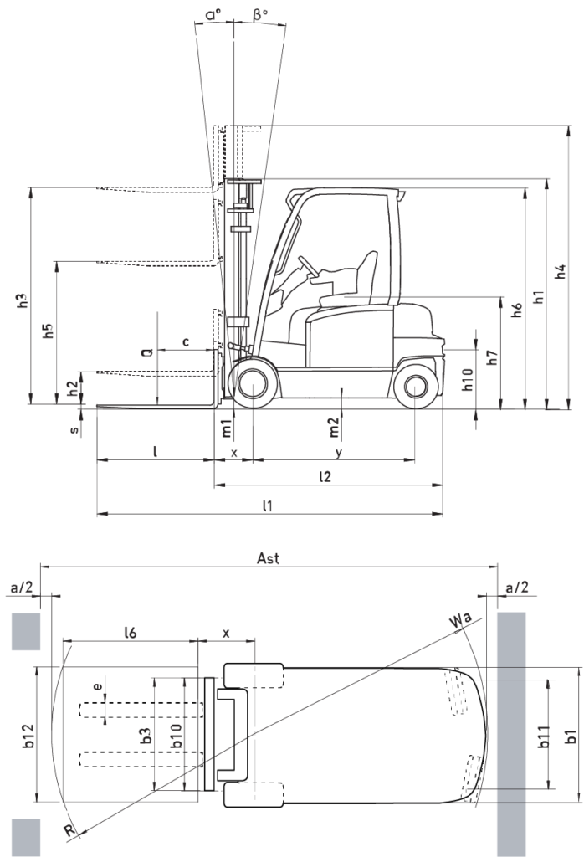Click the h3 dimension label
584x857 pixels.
tap(22, 300)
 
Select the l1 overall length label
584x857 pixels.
tap(267, 505)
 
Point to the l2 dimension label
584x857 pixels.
tap(325, 476)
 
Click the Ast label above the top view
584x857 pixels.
tap(268, 558)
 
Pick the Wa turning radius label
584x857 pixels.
tap(460, 620)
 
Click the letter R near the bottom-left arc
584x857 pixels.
tap(69, 831)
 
